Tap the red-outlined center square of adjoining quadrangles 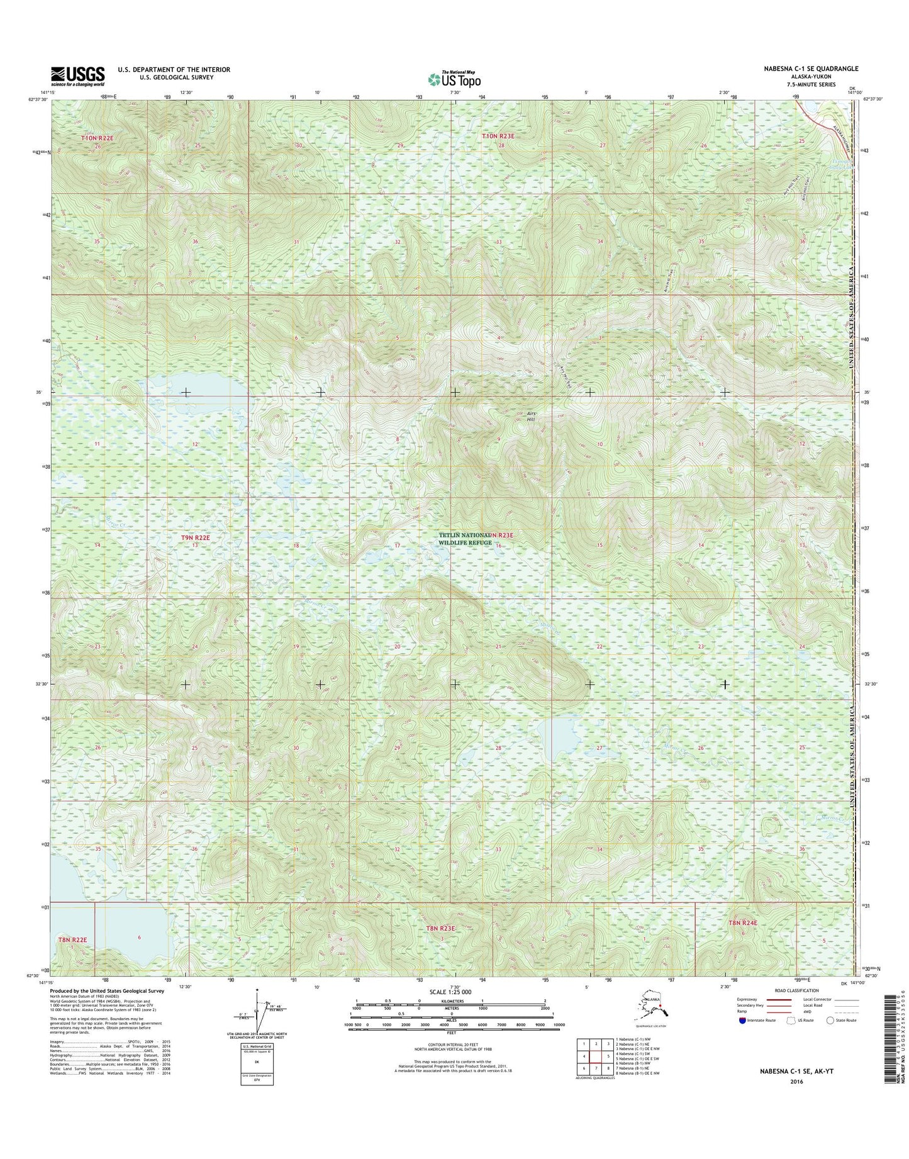(x=596, y=1056)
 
